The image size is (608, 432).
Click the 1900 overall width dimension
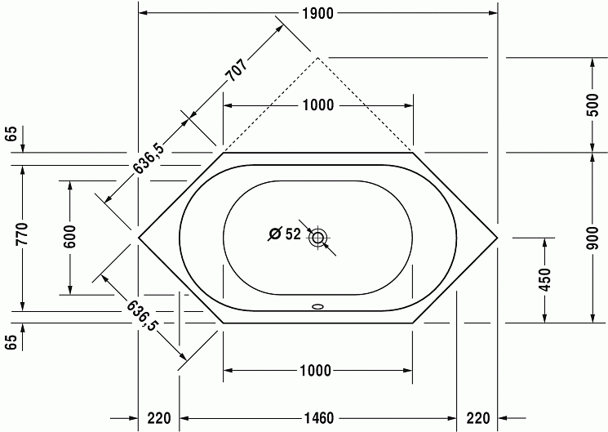point(317,14)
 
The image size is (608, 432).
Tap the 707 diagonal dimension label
point(237,70)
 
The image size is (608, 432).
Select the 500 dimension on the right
point(592,105)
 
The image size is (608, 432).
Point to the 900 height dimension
point(592,238)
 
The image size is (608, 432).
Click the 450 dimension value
point(545,279)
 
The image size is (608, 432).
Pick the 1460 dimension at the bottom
point(317,418)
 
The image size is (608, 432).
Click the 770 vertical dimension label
point(23,234)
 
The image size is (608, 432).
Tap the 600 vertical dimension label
point(70,237)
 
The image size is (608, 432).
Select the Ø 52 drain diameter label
point(285,234)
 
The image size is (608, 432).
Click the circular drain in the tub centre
point(318,237)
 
